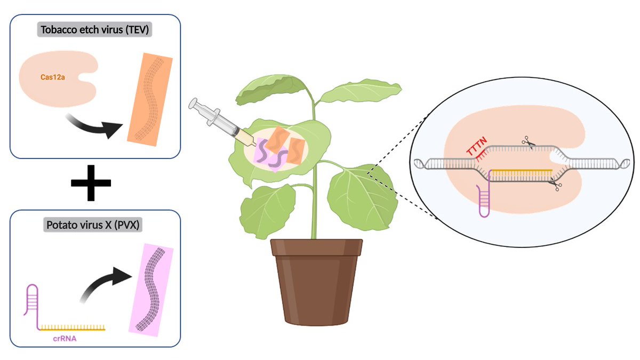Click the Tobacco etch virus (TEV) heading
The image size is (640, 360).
[x=94, y=30]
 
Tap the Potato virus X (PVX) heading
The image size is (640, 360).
[x=93, y=225]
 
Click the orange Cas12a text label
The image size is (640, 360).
[x=53, y=77]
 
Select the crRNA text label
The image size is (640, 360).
[x=65, y=339]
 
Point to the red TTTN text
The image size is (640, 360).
[x=476, y=146]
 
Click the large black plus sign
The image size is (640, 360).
[x=91, y=183]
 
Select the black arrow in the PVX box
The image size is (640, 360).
[x=105, y=283]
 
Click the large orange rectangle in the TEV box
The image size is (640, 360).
[x=150, y=99]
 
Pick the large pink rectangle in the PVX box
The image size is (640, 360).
[x=151, y=290]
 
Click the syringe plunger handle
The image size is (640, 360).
[x=193, y=103]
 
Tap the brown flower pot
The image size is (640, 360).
[x=317, y=282]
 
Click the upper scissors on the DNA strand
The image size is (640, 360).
[x=529, y=142]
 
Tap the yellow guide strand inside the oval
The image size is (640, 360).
[x=522, y=171]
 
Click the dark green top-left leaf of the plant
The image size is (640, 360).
[x=270, y=89]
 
